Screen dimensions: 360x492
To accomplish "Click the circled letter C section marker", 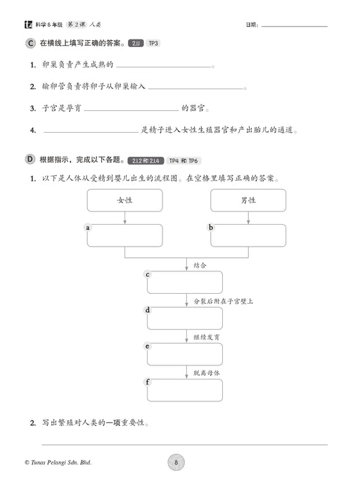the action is click(x=30, y=44).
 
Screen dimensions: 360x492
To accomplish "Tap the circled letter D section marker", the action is click(x=30, y=159).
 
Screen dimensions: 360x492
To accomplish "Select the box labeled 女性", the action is click(x=125, y=200).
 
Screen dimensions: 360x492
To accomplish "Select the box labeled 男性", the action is click(x=248, y=200).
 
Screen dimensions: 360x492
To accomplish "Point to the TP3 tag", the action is click(x=153, y=44).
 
